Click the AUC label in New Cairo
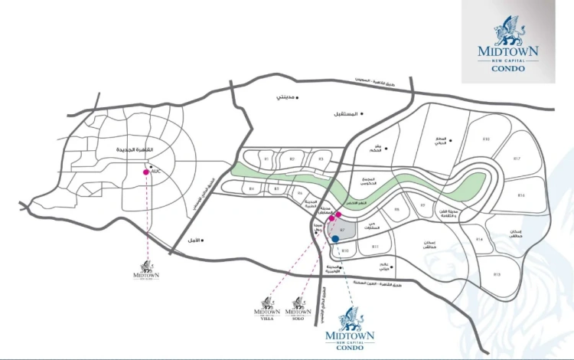(155, 170)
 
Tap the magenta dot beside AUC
(146, 172)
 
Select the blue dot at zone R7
(335, 240)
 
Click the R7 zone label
(343, 229)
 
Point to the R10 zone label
(345, 250)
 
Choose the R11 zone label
(375, 247)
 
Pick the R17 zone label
(517, 159)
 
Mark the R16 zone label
(521, 196)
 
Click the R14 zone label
(480, 240)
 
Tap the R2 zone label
(292, 159)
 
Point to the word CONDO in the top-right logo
(508, 69)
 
